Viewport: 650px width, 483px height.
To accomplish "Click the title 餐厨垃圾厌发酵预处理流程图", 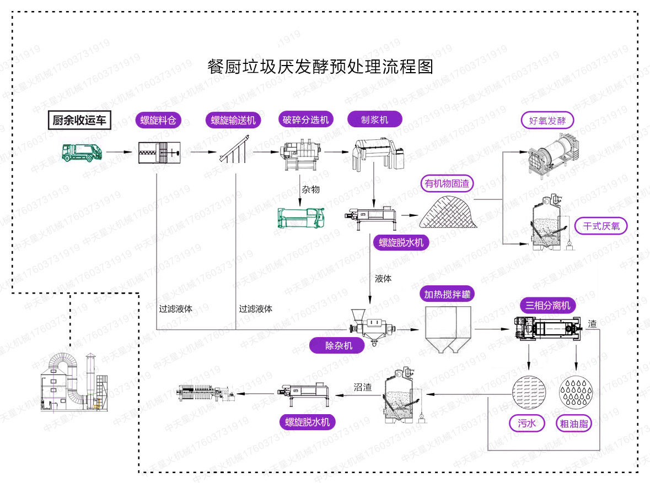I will tap(320, 67).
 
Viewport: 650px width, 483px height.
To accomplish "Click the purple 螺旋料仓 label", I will tap(158, 120).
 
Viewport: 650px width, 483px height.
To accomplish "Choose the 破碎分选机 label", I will tap(305, 120).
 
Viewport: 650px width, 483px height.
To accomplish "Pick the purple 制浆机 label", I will tap(374, 119).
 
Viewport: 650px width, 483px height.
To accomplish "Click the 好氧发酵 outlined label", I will tap(547, 121).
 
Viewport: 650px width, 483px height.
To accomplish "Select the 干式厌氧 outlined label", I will tap(601, 226).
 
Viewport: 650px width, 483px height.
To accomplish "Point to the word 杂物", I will tap(310, 190).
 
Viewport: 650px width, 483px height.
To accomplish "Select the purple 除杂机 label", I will tap(338, 345).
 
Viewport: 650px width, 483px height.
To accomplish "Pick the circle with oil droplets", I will tap(574, 393).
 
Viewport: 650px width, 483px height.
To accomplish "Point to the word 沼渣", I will tap(363, 387).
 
